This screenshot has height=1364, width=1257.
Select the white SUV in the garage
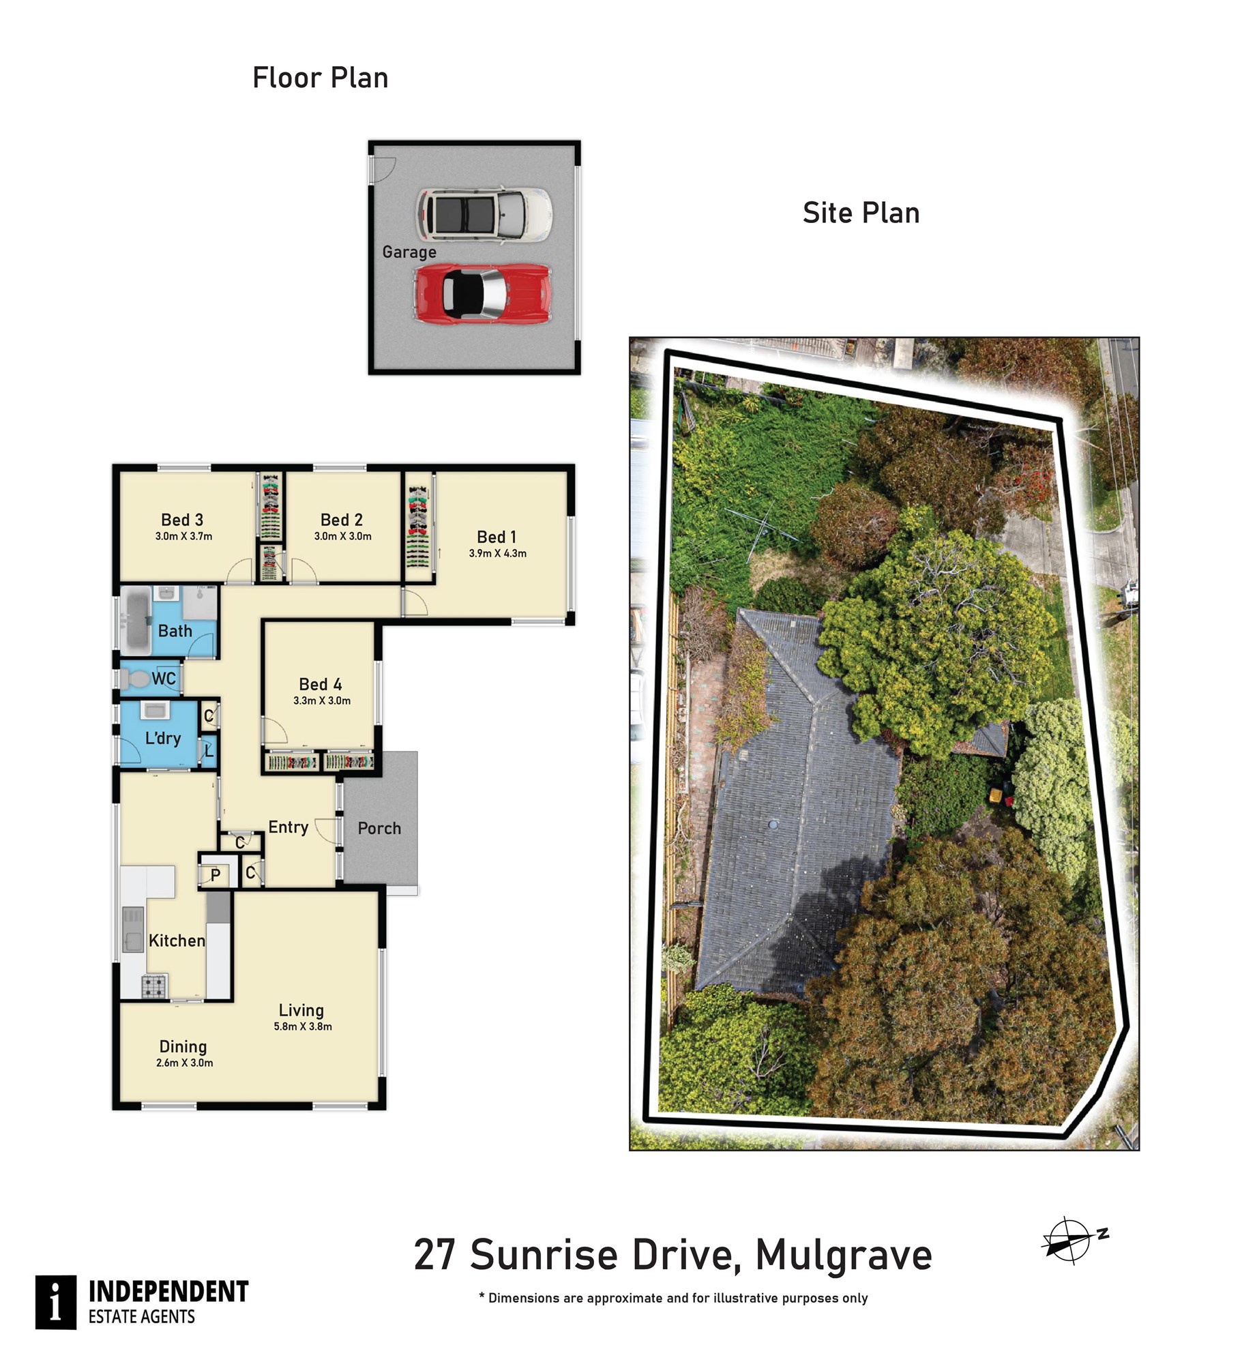click(x=484, y=215)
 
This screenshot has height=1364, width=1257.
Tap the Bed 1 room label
click(x=497, y=537)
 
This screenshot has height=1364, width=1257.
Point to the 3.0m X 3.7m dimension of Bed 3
click(x=183, y=537)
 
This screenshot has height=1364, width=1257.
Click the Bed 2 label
click(x=341, y=520)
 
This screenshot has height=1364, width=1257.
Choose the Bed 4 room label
click(x=321, y=684)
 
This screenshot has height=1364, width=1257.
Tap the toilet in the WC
click(x=136, y=679)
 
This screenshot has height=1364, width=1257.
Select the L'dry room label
click(x=163, y=739)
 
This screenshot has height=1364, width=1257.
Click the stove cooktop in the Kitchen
click(x=153, y=985)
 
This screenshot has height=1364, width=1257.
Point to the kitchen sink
click(x=133, y=929)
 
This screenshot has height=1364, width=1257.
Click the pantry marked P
click(x=216, y=876)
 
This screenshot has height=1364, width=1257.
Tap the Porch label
click(x=379, y=829)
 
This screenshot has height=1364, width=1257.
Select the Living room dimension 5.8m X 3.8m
click(x=303, y=1026)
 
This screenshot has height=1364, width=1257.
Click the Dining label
click(x=183, y=1047)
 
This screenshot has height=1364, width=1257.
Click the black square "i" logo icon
click(x=56, y=1303)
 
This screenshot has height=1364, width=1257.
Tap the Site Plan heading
click(x=861, y=213)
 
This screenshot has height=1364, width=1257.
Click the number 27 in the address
click(x=434, y=1256)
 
